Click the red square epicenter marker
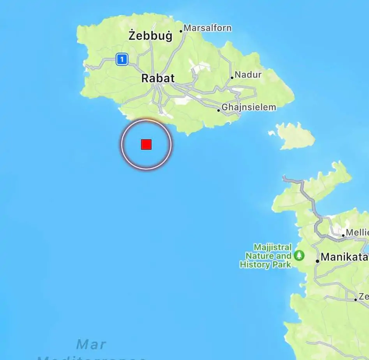coord(146,144)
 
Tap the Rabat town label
coord(158,78)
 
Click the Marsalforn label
coord(207,28)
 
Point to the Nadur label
coord(249,74)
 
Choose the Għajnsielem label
coord(249,107)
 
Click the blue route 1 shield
coord(122,60)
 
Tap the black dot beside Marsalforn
coord(181,32)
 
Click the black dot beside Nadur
coord(232,77)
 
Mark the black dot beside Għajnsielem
coord(219,110)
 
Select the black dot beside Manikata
coord(318,261)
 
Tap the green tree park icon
coord(299,255)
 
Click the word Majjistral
coord(272,248)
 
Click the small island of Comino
coord(295,136)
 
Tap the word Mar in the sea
coord(91,344)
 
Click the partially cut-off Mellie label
coord(357,233)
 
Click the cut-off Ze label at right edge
coord(364,297)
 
